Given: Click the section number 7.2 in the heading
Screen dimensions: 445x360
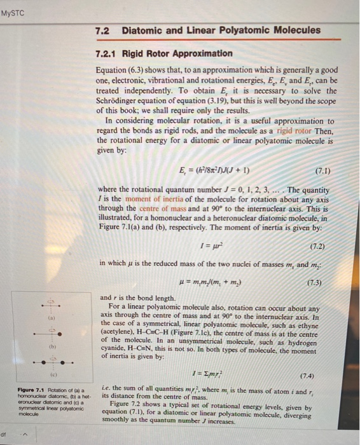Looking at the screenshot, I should pyautogui.click(x=102, y=31).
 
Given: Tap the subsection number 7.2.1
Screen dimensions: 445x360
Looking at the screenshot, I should pyautogui.click(x=106, y=53).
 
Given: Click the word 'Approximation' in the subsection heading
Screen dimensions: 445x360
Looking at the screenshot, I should pyautogui.click(x=201, y=53).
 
